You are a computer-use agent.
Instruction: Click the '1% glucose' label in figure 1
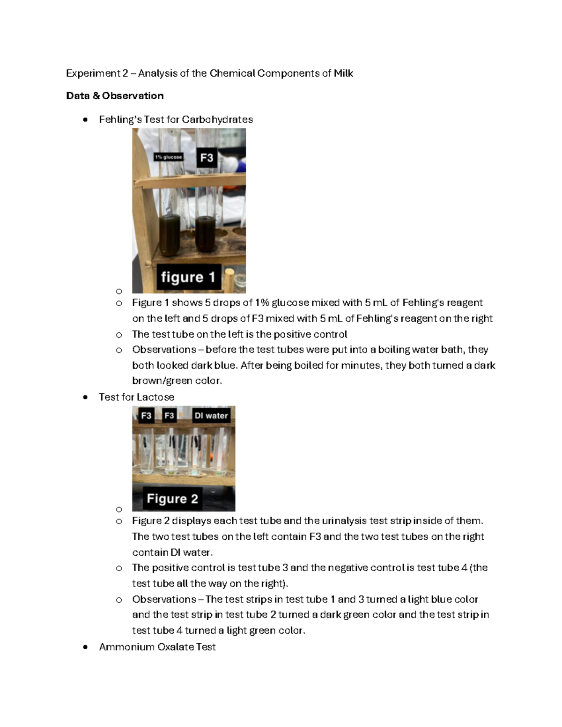point(169,157)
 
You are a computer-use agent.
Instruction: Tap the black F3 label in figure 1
point(207,158)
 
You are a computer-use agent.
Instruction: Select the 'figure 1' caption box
point(188,277)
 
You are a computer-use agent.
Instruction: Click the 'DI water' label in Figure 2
point(211,415)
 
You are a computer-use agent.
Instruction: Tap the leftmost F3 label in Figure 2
point(146,415)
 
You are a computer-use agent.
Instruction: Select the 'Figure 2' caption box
point(172,499)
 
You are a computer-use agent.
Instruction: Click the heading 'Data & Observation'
point(115,96)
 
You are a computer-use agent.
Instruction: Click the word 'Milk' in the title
point(343,73)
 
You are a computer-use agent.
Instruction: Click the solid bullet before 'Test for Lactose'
point(85,397)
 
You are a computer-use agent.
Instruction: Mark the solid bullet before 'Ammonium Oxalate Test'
point(85,647)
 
